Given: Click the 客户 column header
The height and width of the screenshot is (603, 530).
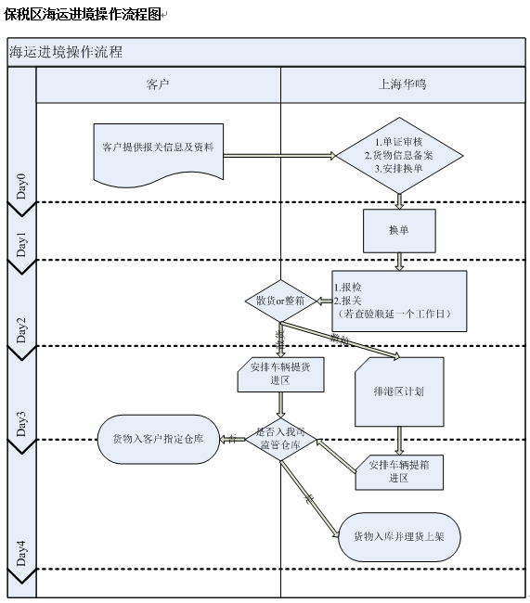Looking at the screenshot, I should (x=158, y=84).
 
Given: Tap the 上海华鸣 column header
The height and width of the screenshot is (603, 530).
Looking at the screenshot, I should (x=403, y=84).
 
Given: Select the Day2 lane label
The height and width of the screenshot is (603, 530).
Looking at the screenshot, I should (x=21, y=329).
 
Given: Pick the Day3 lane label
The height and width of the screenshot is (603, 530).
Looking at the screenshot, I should (x=21, y=422).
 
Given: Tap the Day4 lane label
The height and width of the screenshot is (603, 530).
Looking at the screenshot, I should (x=21, y=551).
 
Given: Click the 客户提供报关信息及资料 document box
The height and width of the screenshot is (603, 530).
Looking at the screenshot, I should (x=158, y=148).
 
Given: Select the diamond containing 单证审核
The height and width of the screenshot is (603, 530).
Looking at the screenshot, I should (x=399, y=155).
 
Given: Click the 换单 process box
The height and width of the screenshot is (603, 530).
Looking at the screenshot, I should (x=399, y=230).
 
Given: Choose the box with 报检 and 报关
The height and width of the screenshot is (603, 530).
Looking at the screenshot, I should (x=398, y=301).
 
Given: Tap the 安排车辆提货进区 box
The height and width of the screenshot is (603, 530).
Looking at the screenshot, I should (x=280, y=373).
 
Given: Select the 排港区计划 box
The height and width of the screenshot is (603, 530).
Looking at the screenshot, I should (x=399, y=391).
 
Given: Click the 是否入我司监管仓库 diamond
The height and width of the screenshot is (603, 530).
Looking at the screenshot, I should (x=280, y=439).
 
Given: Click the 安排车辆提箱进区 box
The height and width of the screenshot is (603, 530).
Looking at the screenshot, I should (x=399, y=471).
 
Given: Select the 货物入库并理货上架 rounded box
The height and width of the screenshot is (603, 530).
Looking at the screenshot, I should (x=399, y=536).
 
